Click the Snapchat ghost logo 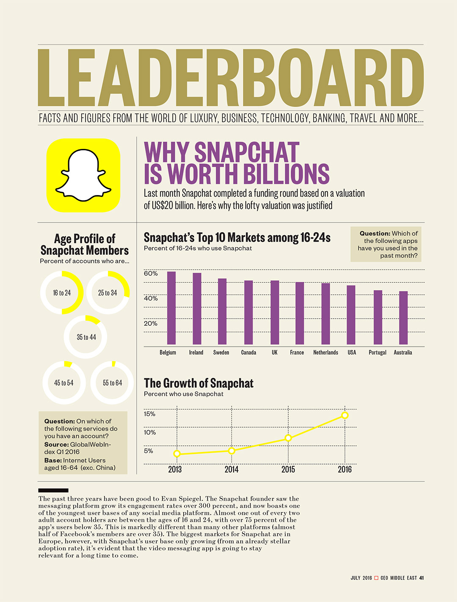(83, 175)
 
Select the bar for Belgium (171, 308)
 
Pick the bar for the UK (275, 312)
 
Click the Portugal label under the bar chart (377, 352)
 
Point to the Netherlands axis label (325, 352)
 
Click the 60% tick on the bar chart (151, 274)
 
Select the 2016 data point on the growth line (345, 415)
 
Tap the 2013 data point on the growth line (177, 454)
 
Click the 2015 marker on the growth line (288, 438)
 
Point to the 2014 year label (231, 469)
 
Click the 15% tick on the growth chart (149, 414)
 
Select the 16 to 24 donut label (62, 293)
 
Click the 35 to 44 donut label (86, 337)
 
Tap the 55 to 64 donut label (113, 383)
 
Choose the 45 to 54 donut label (64, 383)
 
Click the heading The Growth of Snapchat (198, 383)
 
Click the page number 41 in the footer (421, 578)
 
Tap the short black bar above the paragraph (53, 491)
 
